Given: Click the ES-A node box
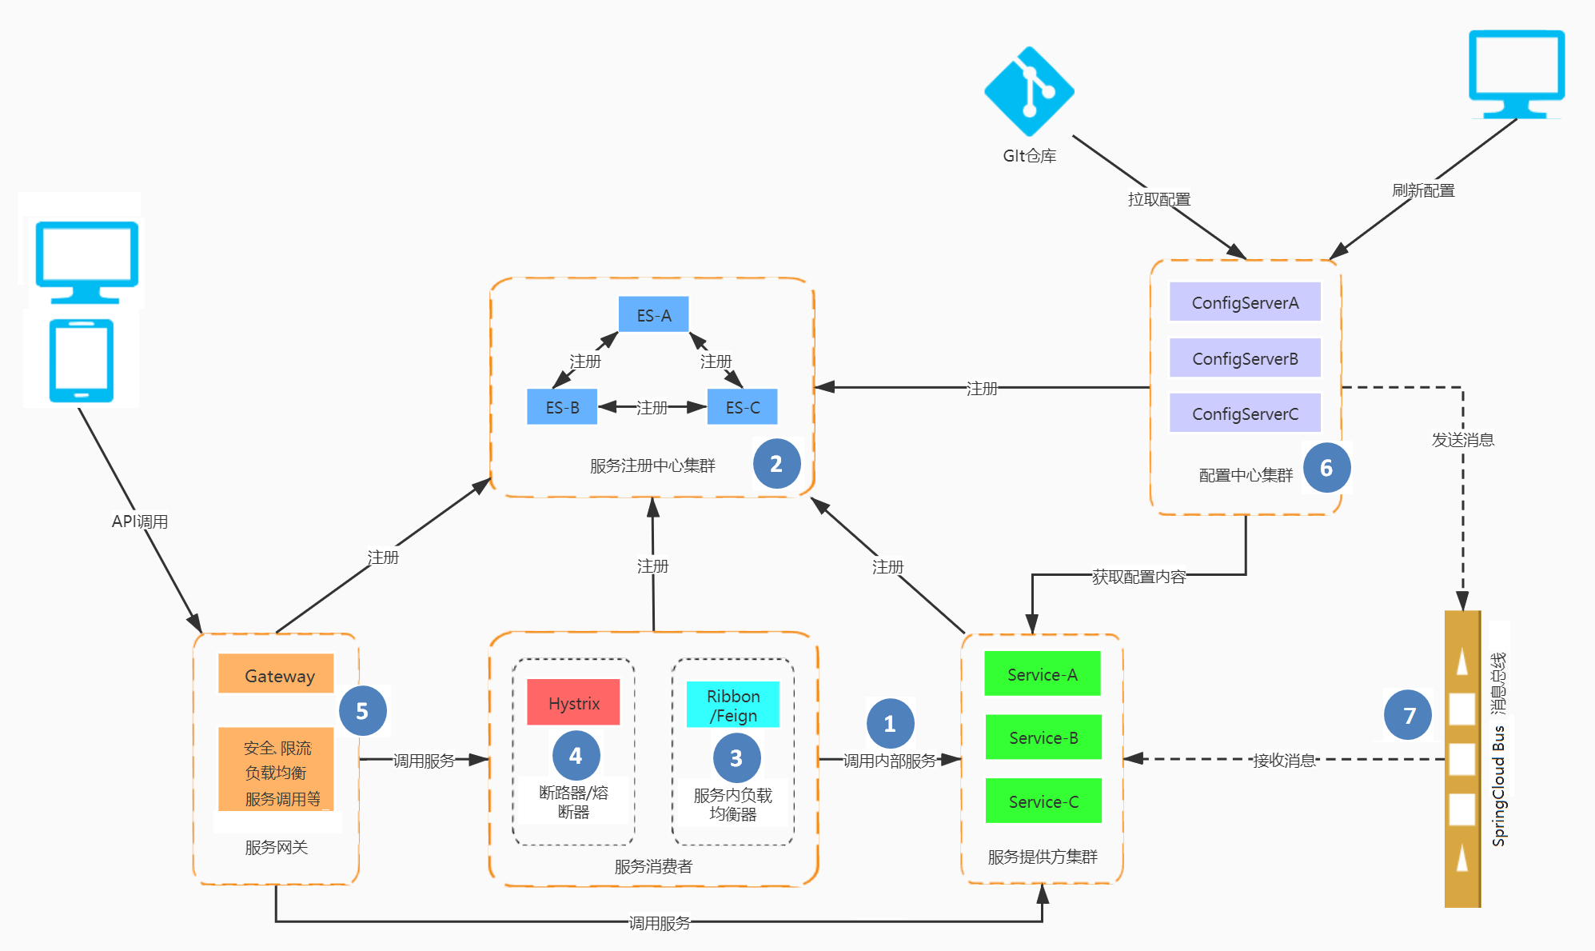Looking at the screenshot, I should [x=653, y=315].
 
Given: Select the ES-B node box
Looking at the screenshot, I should [x=562, y=407].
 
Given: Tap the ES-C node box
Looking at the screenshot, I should [x=742, y=407].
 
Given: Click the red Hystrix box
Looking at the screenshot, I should [x=573, y=702].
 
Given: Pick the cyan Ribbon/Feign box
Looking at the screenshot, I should [x=732, y=705].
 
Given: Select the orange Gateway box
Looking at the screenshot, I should [x=276, y=674].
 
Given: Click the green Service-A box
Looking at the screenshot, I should [x=1043, y=673].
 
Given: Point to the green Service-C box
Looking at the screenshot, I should [x=1043, y=801].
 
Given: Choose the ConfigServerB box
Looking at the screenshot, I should [x=1245, y=358].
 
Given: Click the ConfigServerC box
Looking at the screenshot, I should [x=1245, y=413].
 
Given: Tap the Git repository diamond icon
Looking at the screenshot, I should [x=1029, y=91].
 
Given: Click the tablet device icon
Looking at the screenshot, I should [x=82, y=361].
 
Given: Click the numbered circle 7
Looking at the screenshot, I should [x=1409, y=714].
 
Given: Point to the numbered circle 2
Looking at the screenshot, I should [x=776, y=463].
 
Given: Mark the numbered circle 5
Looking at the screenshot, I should [x=362, y=710].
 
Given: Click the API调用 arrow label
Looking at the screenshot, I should [x=140, y=521].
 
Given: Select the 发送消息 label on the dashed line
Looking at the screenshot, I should [x=1462, y=439].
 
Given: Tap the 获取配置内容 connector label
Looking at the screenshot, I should [x=1138, y=576].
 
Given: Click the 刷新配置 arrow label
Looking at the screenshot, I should [x=1423, y=190].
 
